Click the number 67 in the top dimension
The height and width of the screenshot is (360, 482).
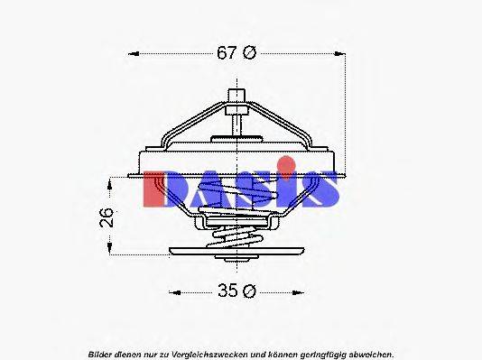227,53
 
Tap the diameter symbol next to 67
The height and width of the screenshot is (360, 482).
250,53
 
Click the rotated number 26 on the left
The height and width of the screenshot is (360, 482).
106,216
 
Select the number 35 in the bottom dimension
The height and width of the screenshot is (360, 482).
228,291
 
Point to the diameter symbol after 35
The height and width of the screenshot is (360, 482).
251,291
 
